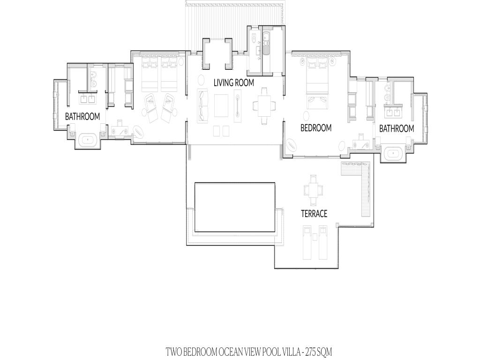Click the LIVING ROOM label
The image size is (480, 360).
click(x=233, y=82)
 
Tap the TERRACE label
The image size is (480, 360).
click(x=314, y=214)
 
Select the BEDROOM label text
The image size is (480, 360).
click(x=316, y=127)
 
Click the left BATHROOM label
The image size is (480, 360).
click(x=82, y=117)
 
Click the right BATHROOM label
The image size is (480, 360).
click(x=397, y=128)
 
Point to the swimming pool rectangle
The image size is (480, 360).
click(x=235, y=207)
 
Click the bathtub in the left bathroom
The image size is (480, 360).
click(x=88, y=141)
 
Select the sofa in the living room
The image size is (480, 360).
click(x=202, y=105)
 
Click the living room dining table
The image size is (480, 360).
click(x=264, y=106)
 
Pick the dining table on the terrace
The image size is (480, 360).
click(x=313, y=190)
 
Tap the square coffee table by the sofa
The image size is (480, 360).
click(x=221, y=105)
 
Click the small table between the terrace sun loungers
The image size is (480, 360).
click(x=315, y=237)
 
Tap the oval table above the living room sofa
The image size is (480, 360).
click(x=202, y=80)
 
